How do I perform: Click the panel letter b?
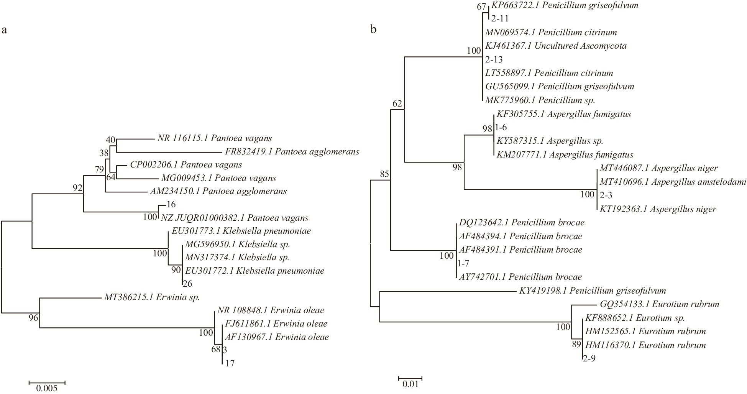point(373,30)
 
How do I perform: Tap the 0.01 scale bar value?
point(410,384)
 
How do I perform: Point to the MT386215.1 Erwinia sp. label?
point(152,297)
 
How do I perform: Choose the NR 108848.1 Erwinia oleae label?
point(271,310)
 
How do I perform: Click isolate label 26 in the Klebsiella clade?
point(187,284)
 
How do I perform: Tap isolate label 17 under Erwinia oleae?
point(230,363)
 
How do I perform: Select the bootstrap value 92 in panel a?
point(78,187)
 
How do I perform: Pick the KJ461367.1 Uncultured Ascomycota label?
point(556,46)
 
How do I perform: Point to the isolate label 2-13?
point(494,60)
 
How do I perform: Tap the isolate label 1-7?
point(463,263)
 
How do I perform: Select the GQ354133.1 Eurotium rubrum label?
point(659,304)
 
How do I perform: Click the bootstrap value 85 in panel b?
point(384,174)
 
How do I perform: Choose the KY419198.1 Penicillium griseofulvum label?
point(593,291)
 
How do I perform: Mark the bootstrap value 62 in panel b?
point(397,103)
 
